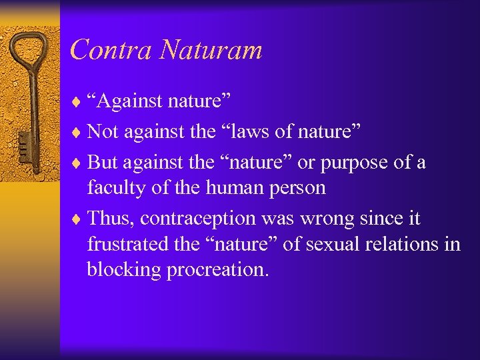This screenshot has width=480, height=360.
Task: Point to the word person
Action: (x=298, y=189)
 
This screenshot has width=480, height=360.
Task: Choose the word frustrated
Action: (x=127, y=244)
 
